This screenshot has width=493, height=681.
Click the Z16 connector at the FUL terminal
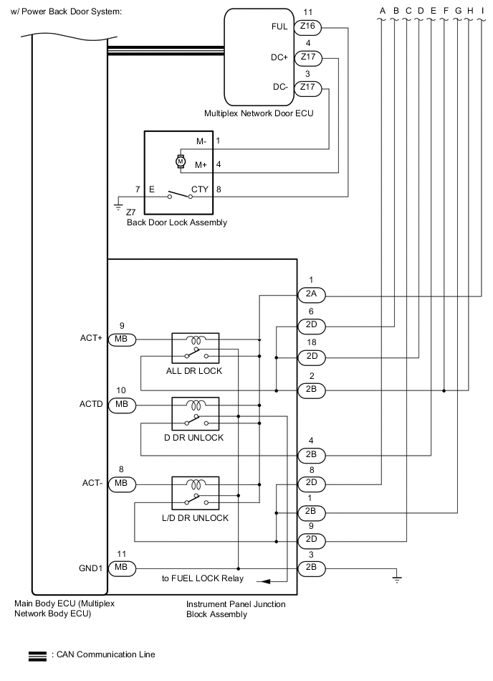pyautogui.click(x=308, y=27)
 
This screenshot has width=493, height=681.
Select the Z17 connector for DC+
pyautogui.click(x=308, y=57)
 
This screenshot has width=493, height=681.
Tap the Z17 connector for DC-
pyautogui.click(x=308, y=88)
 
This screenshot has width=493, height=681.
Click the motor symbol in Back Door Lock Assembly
pyautogui.click(x=181, y=161)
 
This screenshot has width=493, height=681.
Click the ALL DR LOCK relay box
pyautogui.click(x=196, y=348)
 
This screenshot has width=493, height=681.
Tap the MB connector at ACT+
pyautogui.click(x=121, y=339)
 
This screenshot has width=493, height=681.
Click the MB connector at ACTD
pyautogui.click(x=121, y=405)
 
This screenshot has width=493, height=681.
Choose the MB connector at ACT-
pyautogui.click(x=121, y=484)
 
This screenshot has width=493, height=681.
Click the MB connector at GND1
pyautogui.click(x=121, y=568)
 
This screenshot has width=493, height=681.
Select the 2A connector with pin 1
pyautogui.click(x=311, y=294)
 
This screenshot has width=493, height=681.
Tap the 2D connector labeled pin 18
pyautogui.click(x=311, y=357)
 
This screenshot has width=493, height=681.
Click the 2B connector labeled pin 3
pyautogui.click(x=311, y=568)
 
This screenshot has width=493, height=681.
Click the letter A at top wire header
pyautogui.click(x=382, y=10)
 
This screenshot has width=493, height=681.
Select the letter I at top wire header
pyautogui.click(x=480, y=10)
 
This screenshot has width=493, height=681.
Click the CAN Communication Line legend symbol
pyautogui.click(x=37, y=655)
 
